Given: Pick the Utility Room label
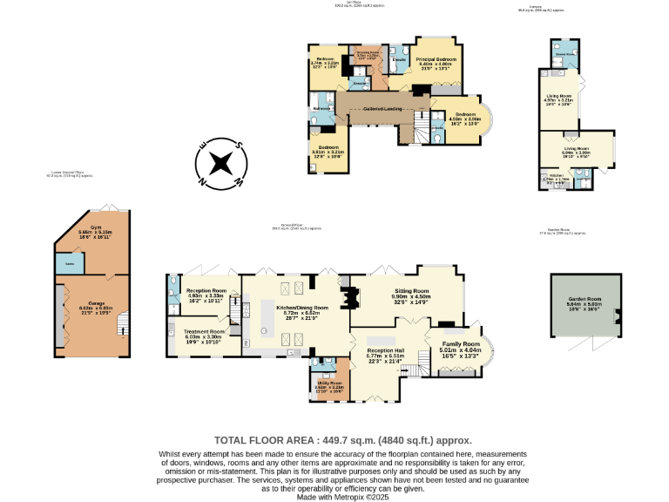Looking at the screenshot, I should (329, 383).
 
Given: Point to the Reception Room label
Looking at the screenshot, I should (206, 292).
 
